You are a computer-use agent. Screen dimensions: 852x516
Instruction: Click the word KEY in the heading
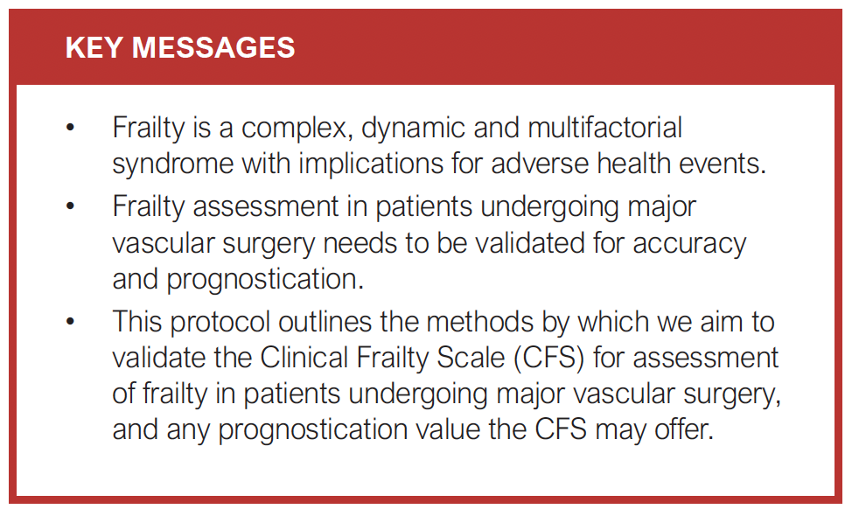click(x=94, y=47)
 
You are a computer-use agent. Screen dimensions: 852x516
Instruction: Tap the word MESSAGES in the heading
click(x=213, y=47)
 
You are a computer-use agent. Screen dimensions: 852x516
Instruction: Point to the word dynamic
click(x=412, y=129)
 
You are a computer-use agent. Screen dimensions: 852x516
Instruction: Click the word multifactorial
click(x=604, y=128)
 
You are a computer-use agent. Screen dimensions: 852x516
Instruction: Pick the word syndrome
click(x=172, y=164)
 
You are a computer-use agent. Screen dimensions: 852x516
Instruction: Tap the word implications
click(x=371, y=164)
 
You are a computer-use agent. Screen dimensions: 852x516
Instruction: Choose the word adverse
click(x=540, y=164)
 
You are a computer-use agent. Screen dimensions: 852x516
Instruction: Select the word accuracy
click(x=689, y=244)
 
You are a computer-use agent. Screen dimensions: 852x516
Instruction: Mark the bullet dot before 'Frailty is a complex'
click(x=70, y=129)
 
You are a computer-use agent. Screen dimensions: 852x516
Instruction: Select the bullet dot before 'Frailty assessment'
click(x=70, y=206)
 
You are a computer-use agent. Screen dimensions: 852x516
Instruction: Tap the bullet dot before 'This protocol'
click(x=70, y=322)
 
